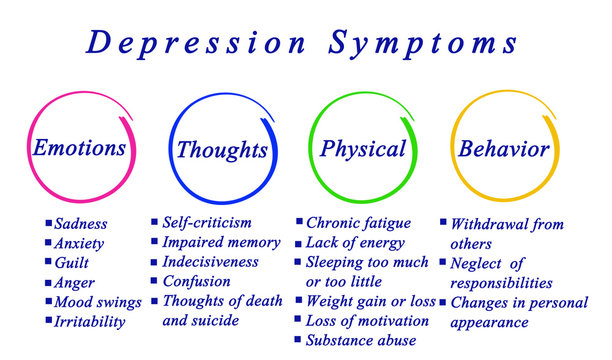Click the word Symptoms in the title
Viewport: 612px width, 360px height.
click(x=421, y=43)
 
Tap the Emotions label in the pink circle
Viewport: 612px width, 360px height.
click(x=80, y=148)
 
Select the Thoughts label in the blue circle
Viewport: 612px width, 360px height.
click(x=222, y=150)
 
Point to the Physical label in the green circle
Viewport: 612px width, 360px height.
click(x=362, y=149)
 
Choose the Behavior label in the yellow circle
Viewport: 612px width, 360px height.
click(x=503, y=149)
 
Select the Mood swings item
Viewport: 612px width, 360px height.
click(x=98, y=302)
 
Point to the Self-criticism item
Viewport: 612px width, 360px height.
click(x=207, y=222)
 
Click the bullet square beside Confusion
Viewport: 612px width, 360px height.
click(x=154, y=282)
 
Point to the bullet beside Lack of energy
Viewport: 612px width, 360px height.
click(x=298, y=243)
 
